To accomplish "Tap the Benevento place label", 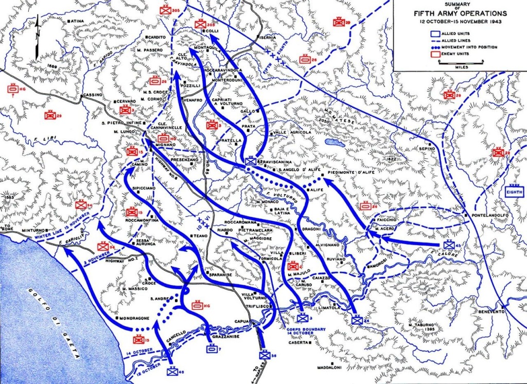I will click(490, 311).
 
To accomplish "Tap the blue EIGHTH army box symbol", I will click(515, 193).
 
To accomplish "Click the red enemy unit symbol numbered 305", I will click(166, 10).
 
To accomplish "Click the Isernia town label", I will click(268, 38).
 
